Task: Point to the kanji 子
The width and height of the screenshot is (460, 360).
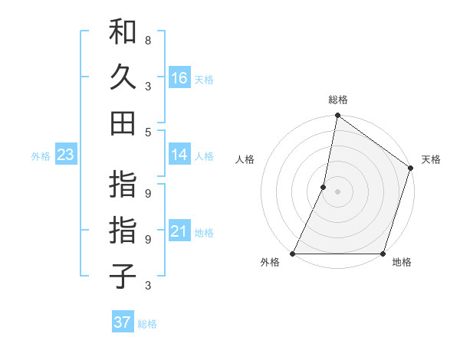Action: click(x=123, y=275)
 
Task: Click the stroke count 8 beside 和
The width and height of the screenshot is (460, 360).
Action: click(x=148, y=38)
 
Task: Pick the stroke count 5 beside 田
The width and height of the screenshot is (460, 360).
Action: click(x=148, y=132)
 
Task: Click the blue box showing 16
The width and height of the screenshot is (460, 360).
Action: click(x=179, y=78)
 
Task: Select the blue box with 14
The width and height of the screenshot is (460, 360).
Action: click(x=179, y=155)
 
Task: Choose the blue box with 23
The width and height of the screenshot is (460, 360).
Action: click(x=66, y=155)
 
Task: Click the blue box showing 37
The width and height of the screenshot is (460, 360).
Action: click(x=123, y=322)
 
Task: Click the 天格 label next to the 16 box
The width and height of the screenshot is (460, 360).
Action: click(x=204, y=79)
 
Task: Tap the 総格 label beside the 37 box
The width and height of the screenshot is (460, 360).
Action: click(x=147, y=324)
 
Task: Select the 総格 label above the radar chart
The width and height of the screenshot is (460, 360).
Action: click(x=338, y=100)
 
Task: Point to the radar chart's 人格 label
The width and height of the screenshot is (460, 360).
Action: click(x=245, y=159)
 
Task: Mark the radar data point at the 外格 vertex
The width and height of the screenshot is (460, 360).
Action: click(x=293, y=254)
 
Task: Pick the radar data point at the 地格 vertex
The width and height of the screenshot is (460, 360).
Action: click(x=383, y=254)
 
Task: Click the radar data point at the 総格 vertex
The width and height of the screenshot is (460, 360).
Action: click(x=337, y=116)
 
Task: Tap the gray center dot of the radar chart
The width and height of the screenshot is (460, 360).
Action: click(x=337, y=191)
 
